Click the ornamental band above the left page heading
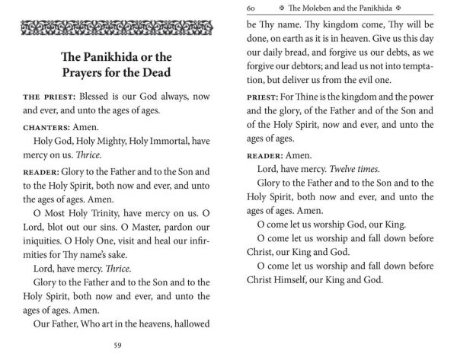114,28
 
